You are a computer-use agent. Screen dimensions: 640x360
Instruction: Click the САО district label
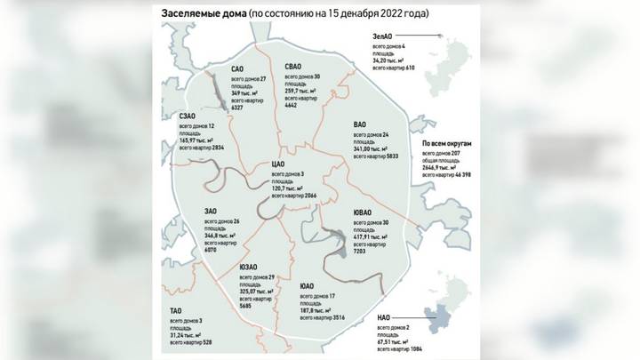click(237, 68)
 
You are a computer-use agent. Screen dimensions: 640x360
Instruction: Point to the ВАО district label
click(360, 125)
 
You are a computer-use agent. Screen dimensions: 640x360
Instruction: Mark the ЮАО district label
click(308, 286)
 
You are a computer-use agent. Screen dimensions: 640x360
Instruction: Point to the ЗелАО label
click(383, 35)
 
